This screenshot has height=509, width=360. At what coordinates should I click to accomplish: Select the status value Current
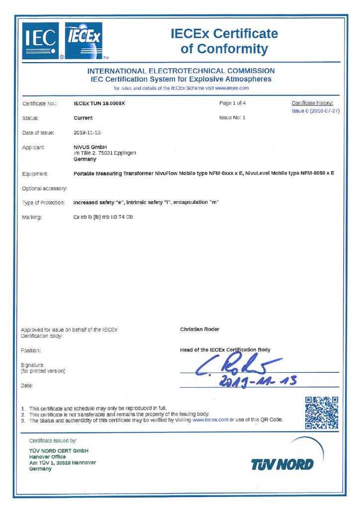83,118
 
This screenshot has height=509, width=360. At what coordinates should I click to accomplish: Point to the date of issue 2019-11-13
87,133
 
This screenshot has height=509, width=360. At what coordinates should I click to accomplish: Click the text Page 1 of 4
232,103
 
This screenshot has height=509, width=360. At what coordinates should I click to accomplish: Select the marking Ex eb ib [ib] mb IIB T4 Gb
103,217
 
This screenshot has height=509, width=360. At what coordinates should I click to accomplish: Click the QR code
322,413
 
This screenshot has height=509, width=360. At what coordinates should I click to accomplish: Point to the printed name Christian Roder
200,329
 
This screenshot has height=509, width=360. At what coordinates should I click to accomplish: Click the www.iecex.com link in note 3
210,420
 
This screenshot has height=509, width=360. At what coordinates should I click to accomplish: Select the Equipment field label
35,174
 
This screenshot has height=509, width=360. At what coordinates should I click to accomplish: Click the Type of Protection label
44,203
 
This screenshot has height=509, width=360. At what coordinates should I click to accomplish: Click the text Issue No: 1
232,118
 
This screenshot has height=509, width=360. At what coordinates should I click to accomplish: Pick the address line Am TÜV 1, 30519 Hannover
63,463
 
